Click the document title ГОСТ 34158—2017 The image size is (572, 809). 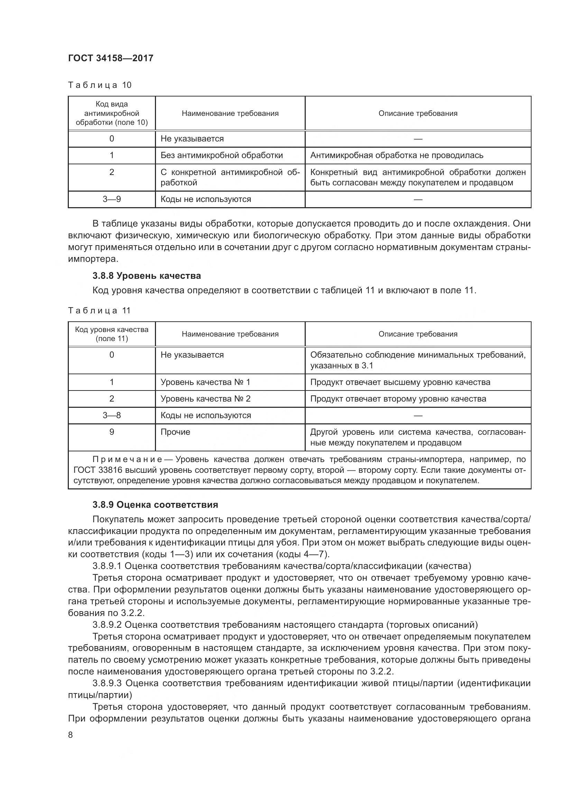coord(111,58)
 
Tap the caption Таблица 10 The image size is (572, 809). coord(100,85)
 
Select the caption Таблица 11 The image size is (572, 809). coord(99,310)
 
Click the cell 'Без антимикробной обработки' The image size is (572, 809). coord(222,155)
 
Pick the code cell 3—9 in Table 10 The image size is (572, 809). coord(112,200)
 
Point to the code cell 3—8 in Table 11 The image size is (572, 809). coord(112,415)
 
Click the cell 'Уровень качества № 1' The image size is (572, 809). coord(205,382)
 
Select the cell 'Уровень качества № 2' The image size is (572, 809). coord(205,399)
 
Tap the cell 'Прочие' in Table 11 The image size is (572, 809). coord(175,432)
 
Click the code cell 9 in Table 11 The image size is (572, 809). coord(112,432)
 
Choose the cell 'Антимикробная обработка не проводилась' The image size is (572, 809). coord(397,155)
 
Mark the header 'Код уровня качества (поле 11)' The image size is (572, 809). coord(112,334)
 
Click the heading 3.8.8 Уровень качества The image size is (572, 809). coord(147,276)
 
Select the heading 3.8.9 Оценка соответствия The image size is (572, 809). coord(155,505)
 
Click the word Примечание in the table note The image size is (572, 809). coord(127,459)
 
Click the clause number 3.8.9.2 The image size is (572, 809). coord(107,625)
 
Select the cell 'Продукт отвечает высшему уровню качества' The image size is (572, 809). coord(400,382)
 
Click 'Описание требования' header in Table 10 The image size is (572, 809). coord(418,113)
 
